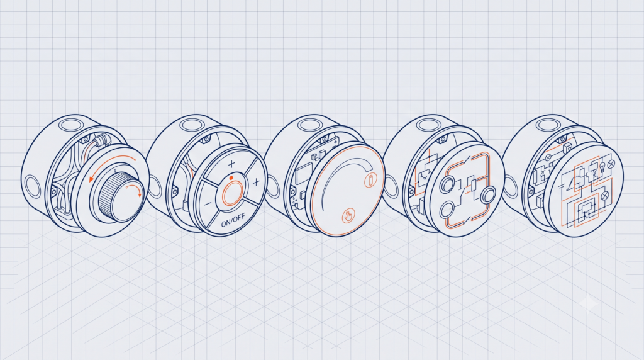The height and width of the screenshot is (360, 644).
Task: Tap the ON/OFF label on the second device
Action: click(x=233, y=221)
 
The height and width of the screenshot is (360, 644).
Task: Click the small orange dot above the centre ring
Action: click(x=231, y=178)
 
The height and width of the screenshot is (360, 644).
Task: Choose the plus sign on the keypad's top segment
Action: click(x=231, y=164)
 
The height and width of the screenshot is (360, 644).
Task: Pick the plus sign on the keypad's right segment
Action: click(x=256, y=182)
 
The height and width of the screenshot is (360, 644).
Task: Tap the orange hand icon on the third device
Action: click(x=348, y=216)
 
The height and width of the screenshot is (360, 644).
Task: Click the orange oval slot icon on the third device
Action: click(x=370, y=180)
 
